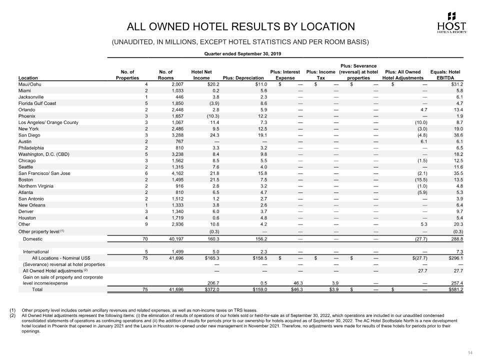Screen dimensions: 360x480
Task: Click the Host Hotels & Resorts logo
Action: tap(452, 22)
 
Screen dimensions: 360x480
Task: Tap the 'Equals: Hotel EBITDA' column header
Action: tap(445, 74)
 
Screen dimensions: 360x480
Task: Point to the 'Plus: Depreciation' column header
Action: tap(243, 78)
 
